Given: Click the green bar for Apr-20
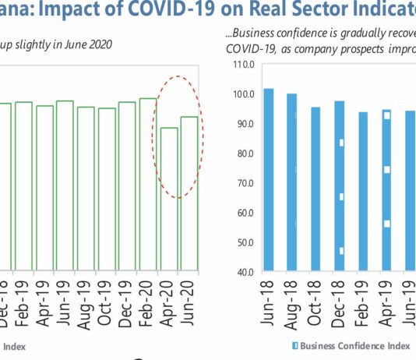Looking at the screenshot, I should coord(169,199).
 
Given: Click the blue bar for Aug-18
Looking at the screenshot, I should coord(292,182).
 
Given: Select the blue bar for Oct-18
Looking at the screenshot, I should coord(316,189).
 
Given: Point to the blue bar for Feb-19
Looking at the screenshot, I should coord(362,192).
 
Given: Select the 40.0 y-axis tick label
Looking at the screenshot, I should coord(246,273).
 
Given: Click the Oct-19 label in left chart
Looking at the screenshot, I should coord(107,301).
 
